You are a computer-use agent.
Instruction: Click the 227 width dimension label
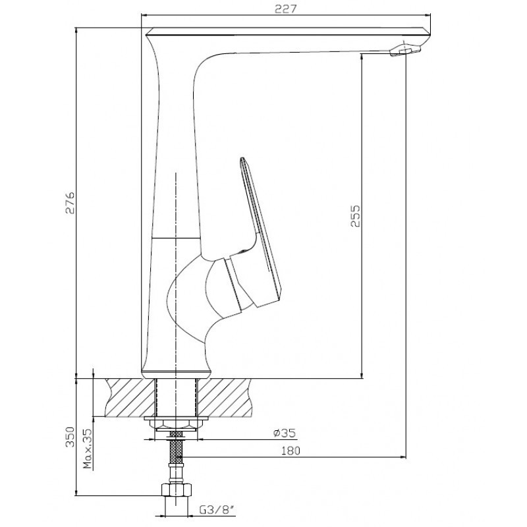(286, 9)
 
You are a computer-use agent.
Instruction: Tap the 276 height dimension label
(70, 203)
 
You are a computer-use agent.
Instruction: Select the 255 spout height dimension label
(355, 216)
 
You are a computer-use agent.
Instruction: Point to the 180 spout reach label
(291, 451)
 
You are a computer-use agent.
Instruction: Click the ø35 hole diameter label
(285, 433)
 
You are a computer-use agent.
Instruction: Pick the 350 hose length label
(70, 437)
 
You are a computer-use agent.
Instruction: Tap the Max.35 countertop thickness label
(88, 449)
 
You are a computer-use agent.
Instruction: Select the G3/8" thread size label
(217, 510)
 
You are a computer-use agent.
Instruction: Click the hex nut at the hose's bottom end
(177, 489)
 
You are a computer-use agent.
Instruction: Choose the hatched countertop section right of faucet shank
(224, 398)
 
